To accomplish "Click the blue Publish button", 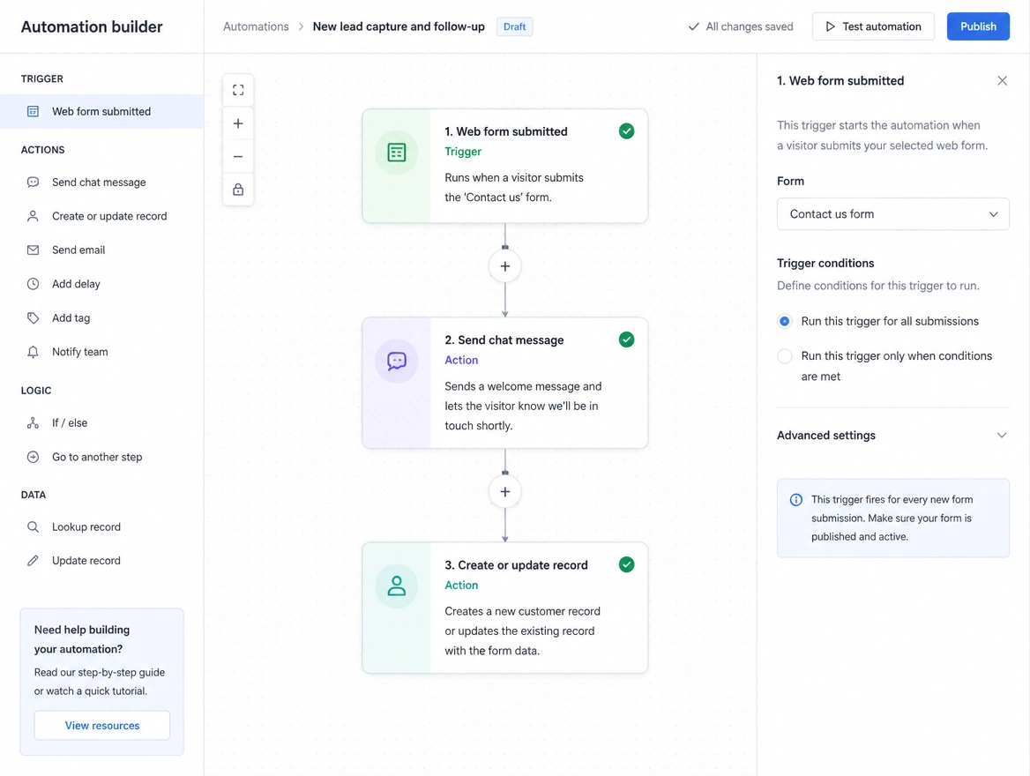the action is click(x=977, y=26).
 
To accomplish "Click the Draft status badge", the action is click(x=514, y=27).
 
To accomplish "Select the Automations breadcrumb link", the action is click(x=256, y=26).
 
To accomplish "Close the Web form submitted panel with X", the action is click(x=1002, y=81).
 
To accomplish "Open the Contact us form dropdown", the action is click(x=892, y=214).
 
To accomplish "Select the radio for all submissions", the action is click(x=784, y=321).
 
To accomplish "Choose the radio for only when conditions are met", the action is click(x=784, y=356).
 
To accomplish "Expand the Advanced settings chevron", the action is click(x=1002, y=435).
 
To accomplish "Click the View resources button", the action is click(x=101, y=726).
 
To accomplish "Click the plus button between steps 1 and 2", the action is click(x=505, y=266).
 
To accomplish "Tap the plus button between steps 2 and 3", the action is click(x=505, y=491).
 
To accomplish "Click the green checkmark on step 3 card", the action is click(x=627, y=564).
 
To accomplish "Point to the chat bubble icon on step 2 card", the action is click(x=397, y=361).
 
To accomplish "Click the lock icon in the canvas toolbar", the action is click(x=238, y=190).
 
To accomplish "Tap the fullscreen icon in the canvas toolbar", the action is click(x=238, y=90).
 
